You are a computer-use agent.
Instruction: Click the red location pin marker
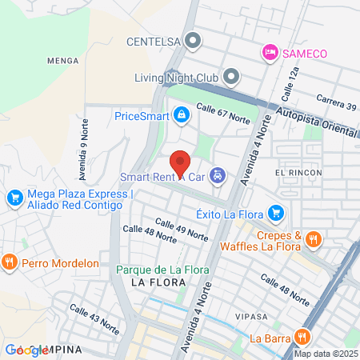coord(181,162)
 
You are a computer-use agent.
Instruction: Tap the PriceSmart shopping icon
coord(182,116)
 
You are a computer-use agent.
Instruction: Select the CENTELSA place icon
coord(192,39)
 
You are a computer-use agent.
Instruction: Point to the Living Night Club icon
coord(231,78)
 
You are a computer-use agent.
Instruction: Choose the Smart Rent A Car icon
coord(218,176)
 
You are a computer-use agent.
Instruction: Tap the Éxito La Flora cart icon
coord(276,213)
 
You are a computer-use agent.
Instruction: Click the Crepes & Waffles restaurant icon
coord(314,238)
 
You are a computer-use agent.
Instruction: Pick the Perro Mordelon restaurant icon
coord(10,261)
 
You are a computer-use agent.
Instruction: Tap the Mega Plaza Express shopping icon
coord(14,197)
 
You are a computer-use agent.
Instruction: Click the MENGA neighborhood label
coord(62,59)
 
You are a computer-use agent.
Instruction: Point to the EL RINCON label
coord(298,173)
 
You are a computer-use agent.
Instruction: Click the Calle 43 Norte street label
coord(94,318)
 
